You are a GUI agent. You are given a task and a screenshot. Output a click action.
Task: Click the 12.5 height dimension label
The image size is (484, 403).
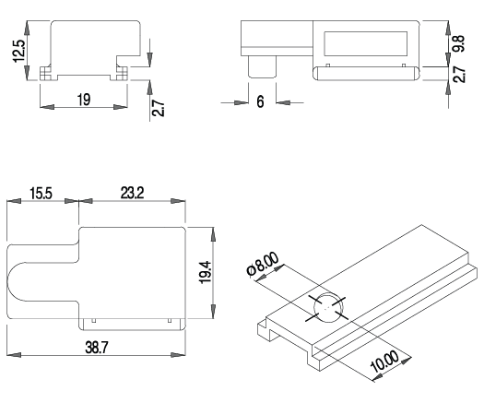(19, 51)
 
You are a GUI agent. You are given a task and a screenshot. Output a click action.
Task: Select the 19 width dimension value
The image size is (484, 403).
(84, 100)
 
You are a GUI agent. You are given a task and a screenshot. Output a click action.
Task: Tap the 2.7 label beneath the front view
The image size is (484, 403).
(158, 108)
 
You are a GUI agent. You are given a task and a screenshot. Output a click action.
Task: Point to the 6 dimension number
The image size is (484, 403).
(261, 101)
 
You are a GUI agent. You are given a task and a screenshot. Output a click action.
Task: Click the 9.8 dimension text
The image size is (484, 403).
(459, 43)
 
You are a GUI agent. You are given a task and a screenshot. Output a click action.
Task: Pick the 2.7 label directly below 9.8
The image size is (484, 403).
(459, 74)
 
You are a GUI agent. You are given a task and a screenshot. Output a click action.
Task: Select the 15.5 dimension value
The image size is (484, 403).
(41, 194)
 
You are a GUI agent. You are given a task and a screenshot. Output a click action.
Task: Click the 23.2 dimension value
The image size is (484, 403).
(132, 193)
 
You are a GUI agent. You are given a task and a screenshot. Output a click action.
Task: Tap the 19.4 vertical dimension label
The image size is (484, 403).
(205, 272)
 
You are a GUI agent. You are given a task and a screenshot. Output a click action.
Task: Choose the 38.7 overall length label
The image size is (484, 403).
(97, 348)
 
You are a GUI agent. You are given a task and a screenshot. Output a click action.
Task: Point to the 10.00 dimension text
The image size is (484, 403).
(384, 362)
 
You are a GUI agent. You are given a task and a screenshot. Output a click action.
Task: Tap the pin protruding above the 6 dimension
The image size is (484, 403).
(263, 66)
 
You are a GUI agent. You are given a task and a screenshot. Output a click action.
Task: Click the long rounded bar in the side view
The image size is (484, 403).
(366, 73)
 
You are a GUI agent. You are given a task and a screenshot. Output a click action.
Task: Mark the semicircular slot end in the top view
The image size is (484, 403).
(12, 281)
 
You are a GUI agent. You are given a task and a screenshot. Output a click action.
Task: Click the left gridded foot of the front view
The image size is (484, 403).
(45, 74)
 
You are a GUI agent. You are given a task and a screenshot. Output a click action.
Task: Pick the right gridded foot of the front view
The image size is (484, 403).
(122, 74)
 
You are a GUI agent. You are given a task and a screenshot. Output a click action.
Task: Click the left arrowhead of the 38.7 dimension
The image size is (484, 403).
(14, 355)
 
